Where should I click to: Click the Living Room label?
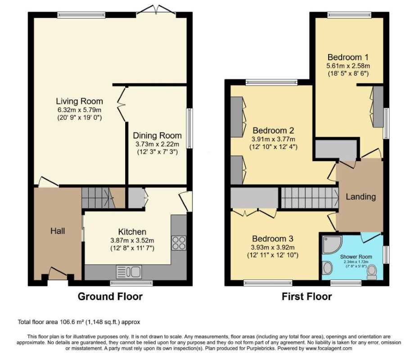tap(79, 101)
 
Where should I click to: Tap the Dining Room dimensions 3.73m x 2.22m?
tap(157, 144)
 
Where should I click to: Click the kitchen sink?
tap(129, 272)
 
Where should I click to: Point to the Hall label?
tap(58, 231)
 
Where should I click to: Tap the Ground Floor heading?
tap(110, 297)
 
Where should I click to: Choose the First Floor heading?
tap(307, 297)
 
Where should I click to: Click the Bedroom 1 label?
tap(348, 57)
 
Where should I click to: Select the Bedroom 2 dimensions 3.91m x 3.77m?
tap(273, 139)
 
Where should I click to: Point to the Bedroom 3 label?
tap(273, 238)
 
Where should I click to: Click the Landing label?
tap(361, 197)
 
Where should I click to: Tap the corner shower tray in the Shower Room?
tap(332, 244)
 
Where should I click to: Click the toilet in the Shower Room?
tap(372, 272)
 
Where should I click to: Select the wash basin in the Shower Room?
tap(327, 268)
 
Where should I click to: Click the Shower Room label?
tap(356, 256)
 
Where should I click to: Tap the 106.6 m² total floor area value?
tap(71, 322)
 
